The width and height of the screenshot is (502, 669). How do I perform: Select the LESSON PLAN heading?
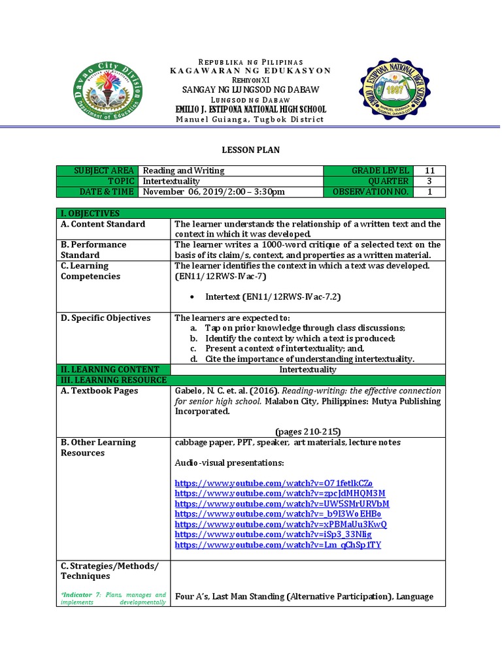[x=250, y=150]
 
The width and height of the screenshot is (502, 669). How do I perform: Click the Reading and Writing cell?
[x=184, y=171]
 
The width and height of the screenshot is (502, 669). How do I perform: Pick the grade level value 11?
[x=429, y=171]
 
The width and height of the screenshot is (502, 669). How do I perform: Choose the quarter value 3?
[x=429, y=181]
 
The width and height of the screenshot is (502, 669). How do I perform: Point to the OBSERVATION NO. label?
[x=371, y=191]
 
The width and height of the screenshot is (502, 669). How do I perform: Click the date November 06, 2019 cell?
[x=214, y=191]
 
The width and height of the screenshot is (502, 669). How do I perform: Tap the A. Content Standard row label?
[x=103, y=224]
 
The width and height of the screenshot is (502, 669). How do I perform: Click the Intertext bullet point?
[x=273, y=297]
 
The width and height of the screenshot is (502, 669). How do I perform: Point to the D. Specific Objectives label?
[x=105, y=318]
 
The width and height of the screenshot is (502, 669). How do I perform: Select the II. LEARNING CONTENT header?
[x=109, y=370]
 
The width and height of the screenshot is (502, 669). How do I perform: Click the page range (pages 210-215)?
[x=308, y=431]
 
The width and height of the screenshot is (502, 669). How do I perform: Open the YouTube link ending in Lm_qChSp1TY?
[x=278, y=545]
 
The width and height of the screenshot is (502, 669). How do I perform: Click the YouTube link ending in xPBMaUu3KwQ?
[x=281, y=524]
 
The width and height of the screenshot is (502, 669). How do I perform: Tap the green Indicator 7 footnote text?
[x=113, y=598]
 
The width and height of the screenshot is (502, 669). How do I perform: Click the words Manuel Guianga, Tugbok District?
[x=250, y=120]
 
